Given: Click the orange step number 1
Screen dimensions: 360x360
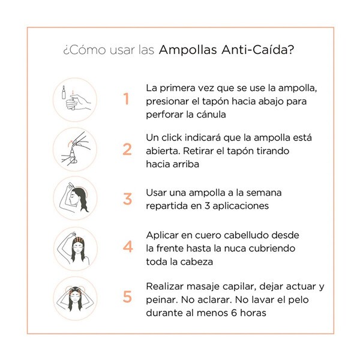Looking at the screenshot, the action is tap(126, 99).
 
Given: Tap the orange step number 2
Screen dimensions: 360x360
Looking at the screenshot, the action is tap(127, 149).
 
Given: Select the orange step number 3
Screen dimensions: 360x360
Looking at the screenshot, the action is tap(127, 199).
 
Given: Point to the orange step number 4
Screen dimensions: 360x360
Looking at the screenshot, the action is tap(128, 247).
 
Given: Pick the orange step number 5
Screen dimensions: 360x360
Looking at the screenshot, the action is tap(127, 296).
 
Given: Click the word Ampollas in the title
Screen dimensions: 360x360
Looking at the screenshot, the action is tap(188, 50).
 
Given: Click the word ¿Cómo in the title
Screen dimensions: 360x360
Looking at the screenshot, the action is tap(85, 50).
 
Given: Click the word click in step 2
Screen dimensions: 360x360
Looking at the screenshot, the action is tap(172, 138).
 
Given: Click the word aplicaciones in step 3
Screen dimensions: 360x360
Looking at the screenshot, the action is tap(241, 206).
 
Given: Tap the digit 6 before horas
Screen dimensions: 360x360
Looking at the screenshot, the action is tap(234, 313).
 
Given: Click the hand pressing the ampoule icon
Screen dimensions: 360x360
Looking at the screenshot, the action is tap(75, 100).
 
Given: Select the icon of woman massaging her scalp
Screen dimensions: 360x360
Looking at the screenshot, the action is tap(75, 298).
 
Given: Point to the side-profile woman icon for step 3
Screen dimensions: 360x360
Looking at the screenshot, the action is tap(75, 198).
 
